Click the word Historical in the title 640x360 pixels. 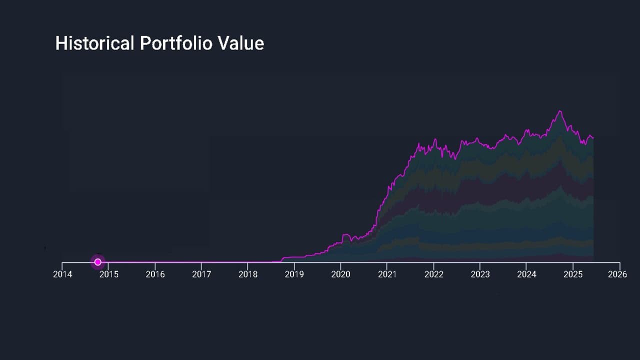pos(94,43)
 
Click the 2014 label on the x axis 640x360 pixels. pos(62,274)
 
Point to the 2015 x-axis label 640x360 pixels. pos(108,274)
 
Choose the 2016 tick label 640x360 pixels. pos(155,274)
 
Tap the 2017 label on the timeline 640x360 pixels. pos(201,274)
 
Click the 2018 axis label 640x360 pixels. pos(248,274)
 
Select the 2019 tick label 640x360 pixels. pos(294,274)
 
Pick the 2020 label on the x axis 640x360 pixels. pos(341,274)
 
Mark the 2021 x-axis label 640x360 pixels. pos(387,274)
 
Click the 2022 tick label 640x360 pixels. pos(433,274)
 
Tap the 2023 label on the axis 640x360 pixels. pos(480,274)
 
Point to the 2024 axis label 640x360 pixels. pos(526,274)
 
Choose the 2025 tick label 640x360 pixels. pos(573,274)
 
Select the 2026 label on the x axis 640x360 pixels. pos(618,274)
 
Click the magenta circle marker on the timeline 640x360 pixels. pos(98,262)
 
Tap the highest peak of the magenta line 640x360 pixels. pos(560,111)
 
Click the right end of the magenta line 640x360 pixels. pos(593,137)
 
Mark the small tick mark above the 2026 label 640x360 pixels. pos(619,265)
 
